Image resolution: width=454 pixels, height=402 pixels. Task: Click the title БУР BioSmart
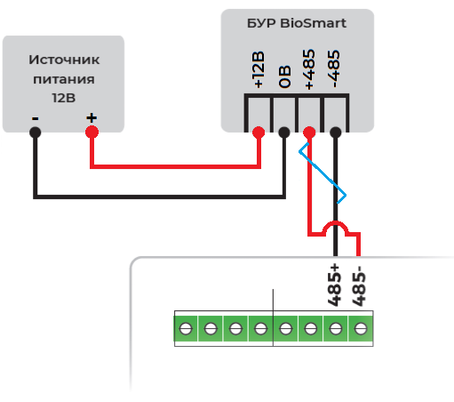[297, 23]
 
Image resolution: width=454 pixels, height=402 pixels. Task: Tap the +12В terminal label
[258, 70]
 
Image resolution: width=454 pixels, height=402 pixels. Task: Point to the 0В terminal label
[284, 77]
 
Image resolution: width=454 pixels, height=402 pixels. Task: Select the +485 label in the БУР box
[309, 69]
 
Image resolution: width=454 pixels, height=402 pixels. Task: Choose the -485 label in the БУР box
[334, 68]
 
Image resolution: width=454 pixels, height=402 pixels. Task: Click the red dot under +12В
[259, 133]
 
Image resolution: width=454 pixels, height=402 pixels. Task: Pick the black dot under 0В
[284, 133]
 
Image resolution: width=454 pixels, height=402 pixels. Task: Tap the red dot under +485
[309, 133]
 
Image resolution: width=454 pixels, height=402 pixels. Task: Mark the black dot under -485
[335, 133]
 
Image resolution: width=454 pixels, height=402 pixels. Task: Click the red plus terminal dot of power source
[92, 132]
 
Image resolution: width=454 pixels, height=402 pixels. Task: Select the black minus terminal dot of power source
[36, 133]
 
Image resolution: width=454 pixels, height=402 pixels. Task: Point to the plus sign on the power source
[92, 118]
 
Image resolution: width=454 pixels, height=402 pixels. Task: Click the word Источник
[64, 60]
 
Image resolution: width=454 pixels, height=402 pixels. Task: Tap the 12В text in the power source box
[64, 98]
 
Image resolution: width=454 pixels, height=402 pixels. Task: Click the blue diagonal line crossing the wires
[323, 173]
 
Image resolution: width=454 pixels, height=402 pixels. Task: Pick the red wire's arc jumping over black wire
[335, 222]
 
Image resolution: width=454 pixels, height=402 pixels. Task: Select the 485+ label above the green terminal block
[334, 285]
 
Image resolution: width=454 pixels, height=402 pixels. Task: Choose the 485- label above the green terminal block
[359, 286]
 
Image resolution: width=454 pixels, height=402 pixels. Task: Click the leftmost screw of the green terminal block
[186, 328]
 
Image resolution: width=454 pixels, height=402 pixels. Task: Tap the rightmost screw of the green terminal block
[361, 328]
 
